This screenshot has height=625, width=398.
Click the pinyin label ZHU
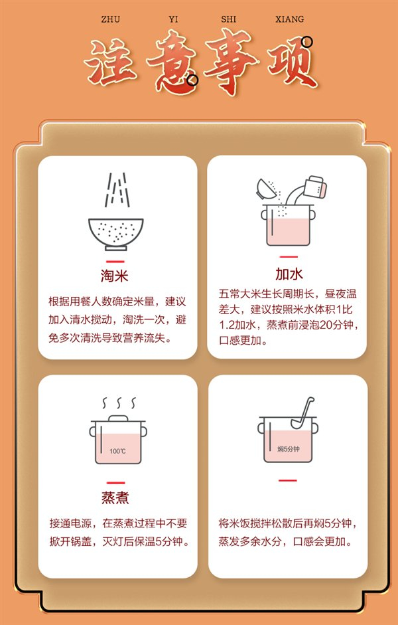point(111,19)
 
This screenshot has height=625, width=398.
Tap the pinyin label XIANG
point(290,19)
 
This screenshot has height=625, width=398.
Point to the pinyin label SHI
point(228,19)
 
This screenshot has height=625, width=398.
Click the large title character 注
point(110,62)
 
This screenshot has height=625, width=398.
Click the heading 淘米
point(115,276)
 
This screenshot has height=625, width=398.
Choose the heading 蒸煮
point(115,497)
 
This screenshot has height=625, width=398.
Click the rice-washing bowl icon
point(116,234)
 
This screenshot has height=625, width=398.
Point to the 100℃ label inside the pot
point(117,451)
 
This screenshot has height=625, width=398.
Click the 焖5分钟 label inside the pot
point(288,449)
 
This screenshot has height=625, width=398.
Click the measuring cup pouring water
point(315,187)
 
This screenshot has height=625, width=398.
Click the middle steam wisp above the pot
point(118,403)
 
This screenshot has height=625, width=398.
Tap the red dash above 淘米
point(115,262)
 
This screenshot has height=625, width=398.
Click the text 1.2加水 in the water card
point(237,325)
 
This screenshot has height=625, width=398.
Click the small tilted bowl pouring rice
point(265,189)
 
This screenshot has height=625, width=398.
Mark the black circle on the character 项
point(307,41)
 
